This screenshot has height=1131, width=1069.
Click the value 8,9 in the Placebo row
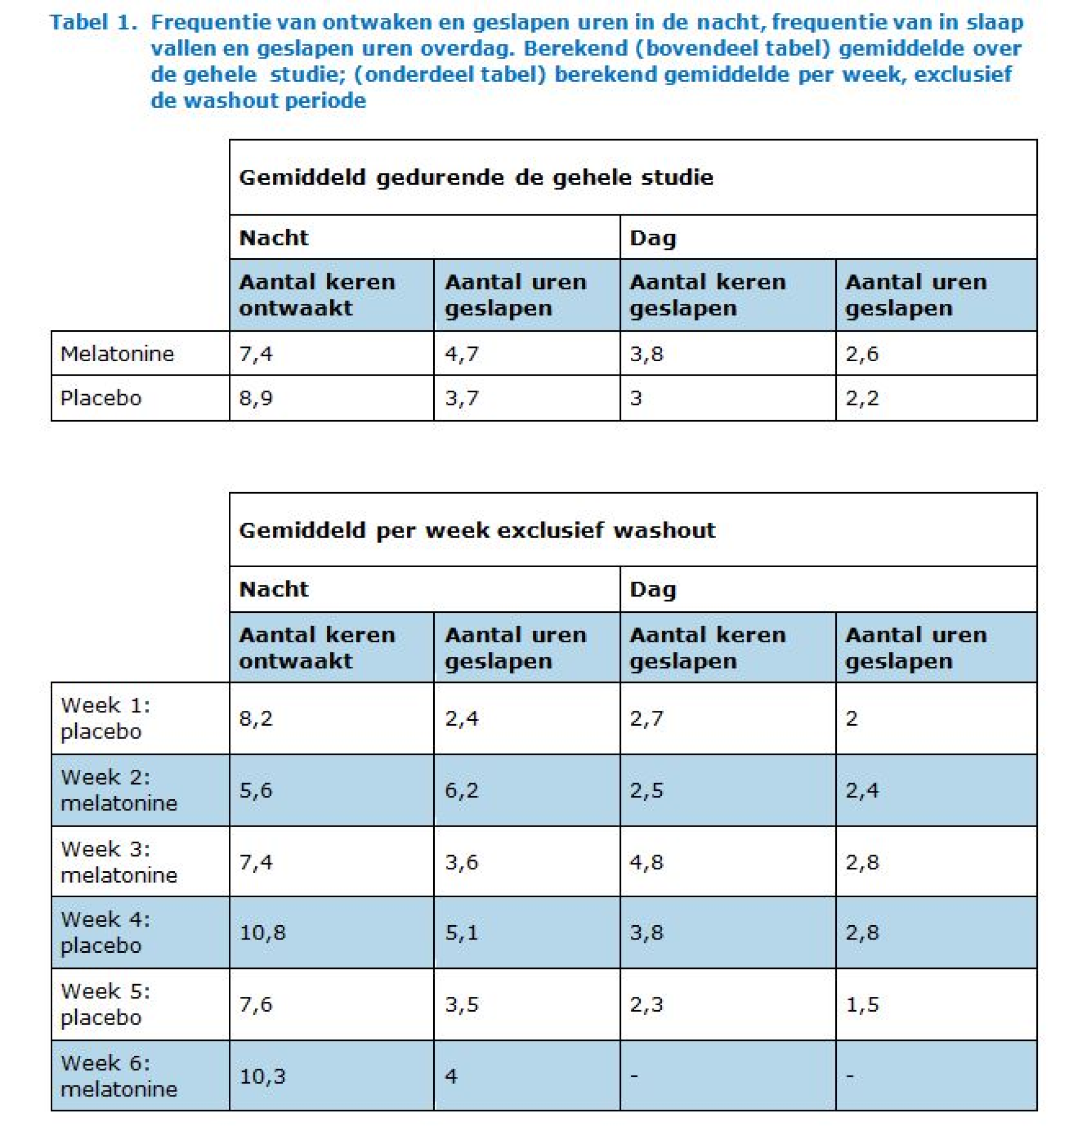(x=256, y=398)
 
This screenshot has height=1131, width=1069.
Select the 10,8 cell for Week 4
(x=262, y=933)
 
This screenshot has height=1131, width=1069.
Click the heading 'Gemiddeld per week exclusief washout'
(x=477, y=530)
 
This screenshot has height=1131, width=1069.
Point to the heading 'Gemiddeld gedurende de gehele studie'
(x=476, y=177)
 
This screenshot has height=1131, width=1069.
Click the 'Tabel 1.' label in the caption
(x=94, y=22)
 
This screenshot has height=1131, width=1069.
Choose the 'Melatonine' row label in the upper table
(x=117, y=354)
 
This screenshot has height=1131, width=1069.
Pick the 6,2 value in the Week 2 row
(x=462, y=790)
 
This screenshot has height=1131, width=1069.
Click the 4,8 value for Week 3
(x=646, y=862)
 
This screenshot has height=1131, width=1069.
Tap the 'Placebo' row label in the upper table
(x=101, y=398)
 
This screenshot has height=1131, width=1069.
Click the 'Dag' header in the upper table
(x=653, y=238)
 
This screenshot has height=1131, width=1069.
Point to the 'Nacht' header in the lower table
(x=273, y=588)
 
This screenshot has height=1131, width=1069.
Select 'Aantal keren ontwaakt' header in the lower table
(x=317, y=648)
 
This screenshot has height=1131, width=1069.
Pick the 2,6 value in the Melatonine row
(x=862, y=354)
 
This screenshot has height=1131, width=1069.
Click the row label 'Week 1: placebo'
(x=106, y=718)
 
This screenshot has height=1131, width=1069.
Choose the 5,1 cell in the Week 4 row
(x=462, y=933)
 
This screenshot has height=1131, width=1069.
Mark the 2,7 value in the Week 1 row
(x=646, y=718)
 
